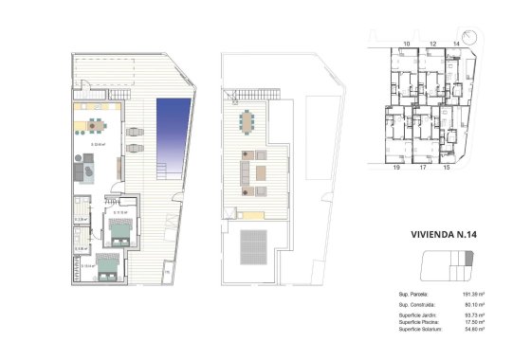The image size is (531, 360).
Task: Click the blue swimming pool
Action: [172, 129]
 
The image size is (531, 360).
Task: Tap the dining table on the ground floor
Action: [96, 122]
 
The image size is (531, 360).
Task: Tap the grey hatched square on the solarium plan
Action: [254, 249]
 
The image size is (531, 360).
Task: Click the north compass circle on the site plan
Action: [480, 52]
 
